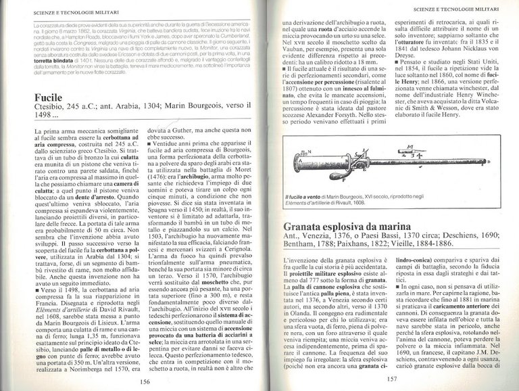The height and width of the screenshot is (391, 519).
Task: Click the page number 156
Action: point(143,381)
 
